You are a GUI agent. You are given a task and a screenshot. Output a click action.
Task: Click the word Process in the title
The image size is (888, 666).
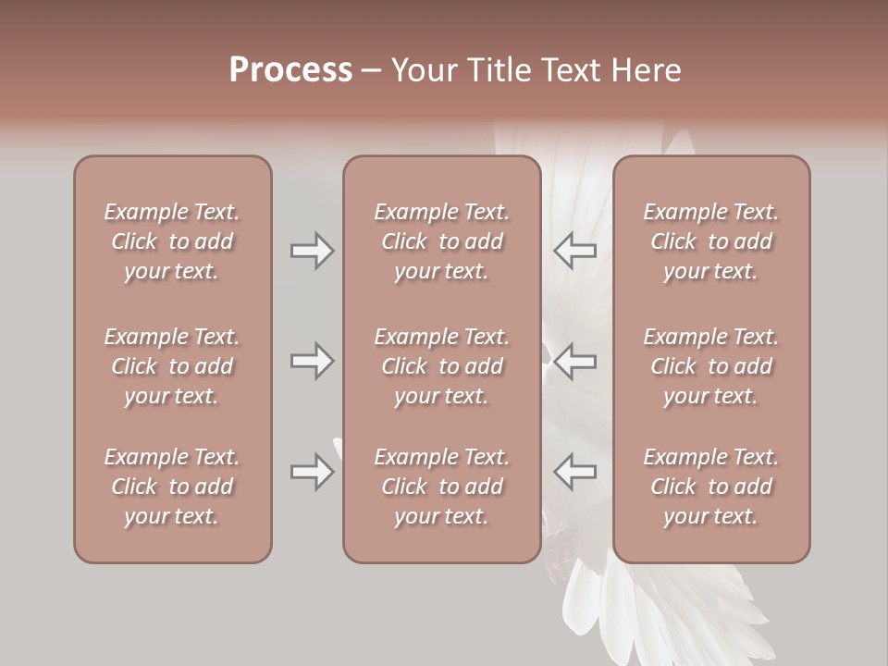(290, 70)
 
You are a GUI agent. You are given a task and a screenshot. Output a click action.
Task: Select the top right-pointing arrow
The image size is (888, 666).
(312, 251)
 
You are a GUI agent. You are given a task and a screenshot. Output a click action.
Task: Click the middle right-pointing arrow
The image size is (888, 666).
(312, 361)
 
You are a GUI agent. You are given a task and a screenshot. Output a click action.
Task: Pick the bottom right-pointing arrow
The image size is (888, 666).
(312, 472)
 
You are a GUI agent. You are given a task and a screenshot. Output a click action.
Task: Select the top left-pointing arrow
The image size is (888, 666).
(575, 251)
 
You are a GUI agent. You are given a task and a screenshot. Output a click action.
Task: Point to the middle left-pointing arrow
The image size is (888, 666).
(575, 361)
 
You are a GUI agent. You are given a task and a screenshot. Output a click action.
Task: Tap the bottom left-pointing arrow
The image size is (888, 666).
(575, 472)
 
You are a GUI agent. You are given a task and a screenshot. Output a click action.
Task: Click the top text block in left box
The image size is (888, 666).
(172, 241)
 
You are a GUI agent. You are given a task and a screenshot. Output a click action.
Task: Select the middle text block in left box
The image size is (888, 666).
(172, 366)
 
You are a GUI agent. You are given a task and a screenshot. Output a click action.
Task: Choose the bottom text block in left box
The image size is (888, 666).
(172, 487)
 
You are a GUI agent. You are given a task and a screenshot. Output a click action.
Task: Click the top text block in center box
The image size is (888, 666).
(442, 241)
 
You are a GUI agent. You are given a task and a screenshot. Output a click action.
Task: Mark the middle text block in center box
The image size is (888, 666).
(442, 366)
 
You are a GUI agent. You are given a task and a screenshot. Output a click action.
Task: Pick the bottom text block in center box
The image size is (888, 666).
(442, 487)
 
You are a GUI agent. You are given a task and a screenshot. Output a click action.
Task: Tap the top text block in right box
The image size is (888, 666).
(711, 241)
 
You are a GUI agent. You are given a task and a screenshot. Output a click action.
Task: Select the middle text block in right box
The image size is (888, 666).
(711, 366)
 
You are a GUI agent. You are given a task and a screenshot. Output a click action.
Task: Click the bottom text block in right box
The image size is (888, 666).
(711, 487)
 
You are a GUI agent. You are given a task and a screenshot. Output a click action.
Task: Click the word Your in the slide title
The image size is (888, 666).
(423, 70)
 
